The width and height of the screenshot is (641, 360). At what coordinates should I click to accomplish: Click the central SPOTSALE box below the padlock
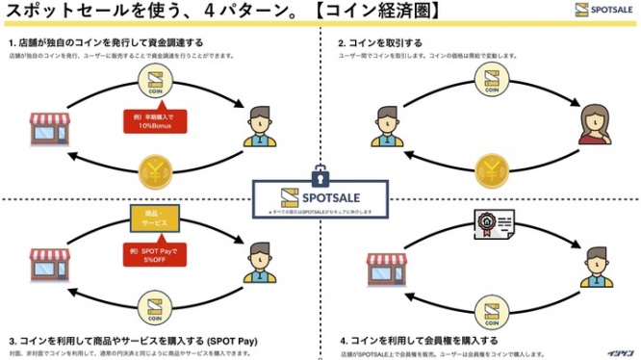pyautogui.click(x=320, y=198)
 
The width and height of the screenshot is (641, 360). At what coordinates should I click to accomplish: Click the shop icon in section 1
pyautogui.click(x=48, y=131)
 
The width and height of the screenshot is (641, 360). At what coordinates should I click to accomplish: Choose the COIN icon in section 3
pyautogui.click(x=159, y=308)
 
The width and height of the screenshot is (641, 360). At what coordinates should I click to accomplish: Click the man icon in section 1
pyautogui.click(x=260, y=127)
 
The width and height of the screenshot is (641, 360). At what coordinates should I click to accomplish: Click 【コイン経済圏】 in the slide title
pyautogui.click(x=325, y=11)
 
